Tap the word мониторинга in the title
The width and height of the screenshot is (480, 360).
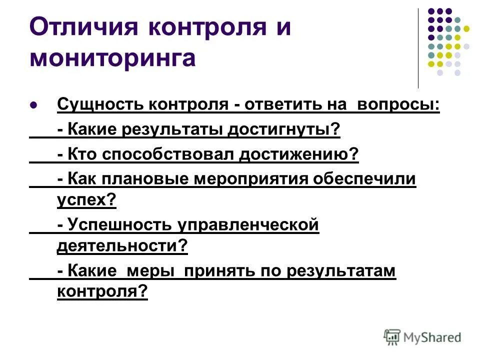click(112, 58)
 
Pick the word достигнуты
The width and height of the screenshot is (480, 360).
click(284, 130)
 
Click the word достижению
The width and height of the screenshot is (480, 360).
click(298, 154)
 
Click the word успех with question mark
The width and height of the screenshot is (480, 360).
click(86, 200)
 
